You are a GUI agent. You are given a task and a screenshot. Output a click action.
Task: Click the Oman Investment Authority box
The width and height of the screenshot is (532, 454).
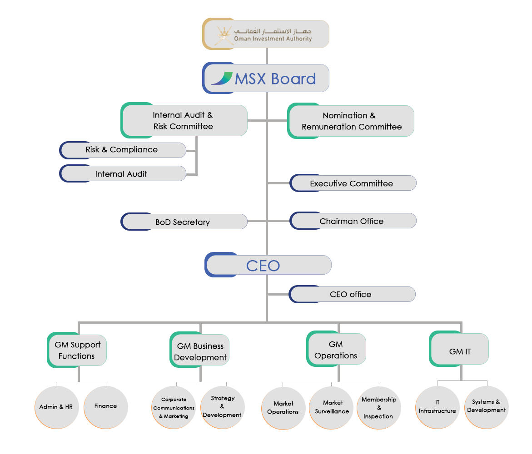click(x=266, y=34)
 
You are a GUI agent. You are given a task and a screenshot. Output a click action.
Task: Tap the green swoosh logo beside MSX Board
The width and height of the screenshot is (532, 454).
click(x=222, y=79)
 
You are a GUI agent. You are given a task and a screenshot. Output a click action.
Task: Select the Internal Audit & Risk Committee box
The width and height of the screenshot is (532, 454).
click(x=184, y=120)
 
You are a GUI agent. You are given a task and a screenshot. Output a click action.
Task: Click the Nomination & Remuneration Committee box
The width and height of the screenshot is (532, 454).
click(x=351, y=121)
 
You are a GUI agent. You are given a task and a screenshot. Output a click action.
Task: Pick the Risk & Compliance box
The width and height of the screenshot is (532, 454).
click(x=123, y=150)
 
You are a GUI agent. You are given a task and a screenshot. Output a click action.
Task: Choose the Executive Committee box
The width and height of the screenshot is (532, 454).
click(x=353, y=183)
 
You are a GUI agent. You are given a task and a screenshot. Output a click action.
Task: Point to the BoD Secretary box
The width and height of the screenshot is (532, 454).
click(x=184, y=222)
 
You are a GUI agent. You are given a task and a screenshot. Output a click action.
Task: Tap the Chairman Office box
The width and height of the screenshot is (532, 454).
click(x=353, y=221)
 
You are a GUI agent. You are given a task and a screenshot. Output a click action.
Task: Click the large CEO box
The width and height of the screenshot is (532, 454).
click(x=268, y=265)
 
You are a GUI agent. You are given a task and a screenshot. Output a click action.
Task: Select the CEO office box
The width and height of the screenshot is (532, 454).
click(x=352, y=294)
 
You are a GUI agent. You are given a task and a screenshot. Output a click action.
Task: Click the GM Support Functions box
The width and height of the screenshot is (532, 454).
click(x=77, y=350)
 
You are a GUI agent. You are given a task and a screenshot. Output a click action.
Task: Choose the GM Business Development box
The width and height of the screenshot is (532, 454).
click(x=199, y=350)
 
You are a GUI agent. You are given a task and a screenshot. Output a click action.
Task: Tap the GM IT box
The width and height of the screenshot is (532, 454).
click(x=459, y=349)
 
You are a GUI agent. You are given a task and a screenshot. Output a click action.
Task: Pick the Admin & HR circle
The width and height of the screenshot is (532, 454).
click(x=57, y=407)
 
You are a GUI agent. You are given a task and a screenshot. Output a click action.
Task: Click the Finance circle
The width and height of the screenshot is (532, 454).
click(x=106, y=407)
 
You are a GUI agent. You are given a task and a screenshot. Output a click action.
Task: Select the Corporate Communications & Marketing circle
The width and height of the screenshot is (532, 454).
click(x=174, y=408)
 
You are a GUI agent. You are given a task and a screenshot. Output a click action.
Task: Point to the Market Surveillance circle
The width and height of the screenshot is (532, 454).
click(x=332, y=408)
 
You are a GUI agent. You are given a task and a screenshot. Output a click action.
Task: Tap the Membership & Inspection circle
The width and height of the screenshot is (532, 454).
click(x=379, y=408)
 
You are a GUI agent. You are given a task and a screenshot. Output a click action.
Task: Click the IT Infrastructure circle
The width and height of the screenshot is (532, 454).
click(x=438, y=407)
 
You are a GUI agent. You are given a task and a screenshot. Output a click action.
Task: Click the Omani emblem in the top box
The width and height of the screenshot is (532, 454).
click(x=224, y=35)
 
